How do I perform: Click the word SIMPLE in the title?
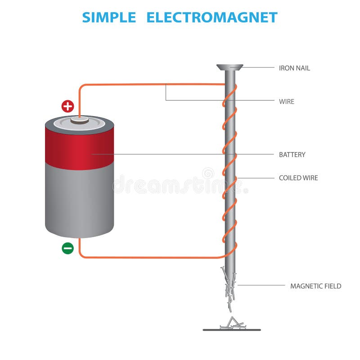point(109,18)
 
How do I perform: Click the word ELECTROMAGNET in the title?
point(212,18)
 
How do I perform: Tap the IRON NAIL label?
point(294,68)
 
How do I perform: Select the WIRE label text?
point(287,102)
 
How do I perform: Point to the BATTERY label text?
point(292,154)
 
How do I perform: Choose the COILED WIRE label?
point(298,178)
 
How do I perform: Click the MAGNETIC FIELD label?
point(316,286)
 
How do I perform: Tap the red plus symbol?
point(68,106)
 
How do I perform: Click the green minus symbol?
point(68,248)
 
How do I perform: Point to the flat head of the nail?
point(230,67)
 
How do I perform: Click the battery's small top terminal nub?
point(80,120)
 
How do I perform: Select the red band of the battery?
point(80,148)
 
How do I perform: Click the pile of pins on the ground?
point(232,323)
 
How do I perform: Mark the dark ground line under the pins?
point(232,330)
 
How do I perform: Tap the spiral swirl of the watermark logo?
point(208,173)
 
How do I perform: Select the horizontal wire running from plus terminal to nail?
point(152,85)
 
